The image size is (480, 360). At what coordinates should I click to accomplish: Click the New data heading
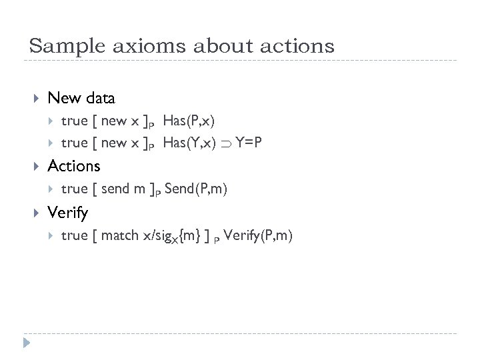(x=81, y=98)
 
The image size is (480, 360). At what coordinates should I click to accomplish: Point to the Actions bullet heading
(x=74, y=165)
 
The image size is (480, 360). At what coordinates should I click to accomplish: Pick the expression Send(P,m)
(x=196, y=190)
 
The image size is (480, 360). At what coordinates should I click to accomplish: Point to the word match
(x=121, y=235)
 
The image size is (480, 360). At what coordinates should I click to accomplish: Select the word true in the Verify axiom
(x=74, y=235)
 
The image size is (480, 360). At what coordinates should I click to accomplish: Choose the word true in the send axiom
(x=74, y=190)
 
